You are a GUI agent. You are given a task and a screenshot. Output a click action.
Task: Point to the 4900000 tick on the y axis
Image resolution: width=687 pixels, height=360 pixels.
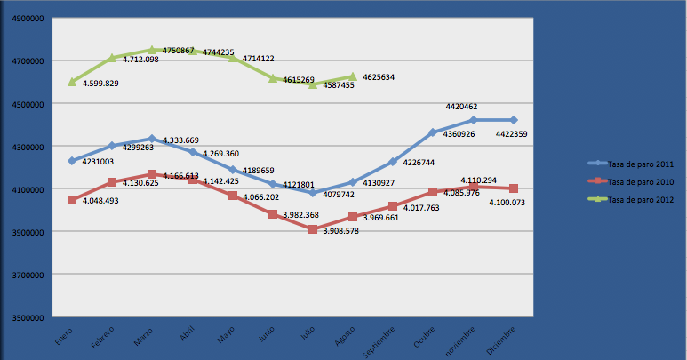[x=25, y=18]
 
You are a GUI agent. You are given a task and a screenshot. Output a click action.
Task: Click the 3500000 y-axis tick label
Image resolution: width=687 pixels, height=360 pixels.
[x=25, y=318]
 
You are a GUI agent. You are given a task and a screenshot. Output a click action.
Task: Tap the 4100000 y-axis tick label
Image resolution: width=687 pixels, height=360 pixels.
[x=25, y=189]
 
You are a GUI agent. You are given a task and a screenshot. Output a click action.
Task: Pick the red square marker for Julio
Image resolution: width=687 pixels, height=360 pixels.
[x=313, y=229]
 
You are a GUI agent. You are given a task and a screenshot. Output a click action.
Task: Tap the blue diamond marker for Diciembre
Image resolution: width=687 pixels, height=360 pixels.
[x=515, y=120]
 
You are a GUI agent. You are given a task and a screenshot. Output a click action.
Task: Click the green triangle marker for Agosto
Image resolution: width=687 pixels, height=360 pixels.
[x=353, y=77]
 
